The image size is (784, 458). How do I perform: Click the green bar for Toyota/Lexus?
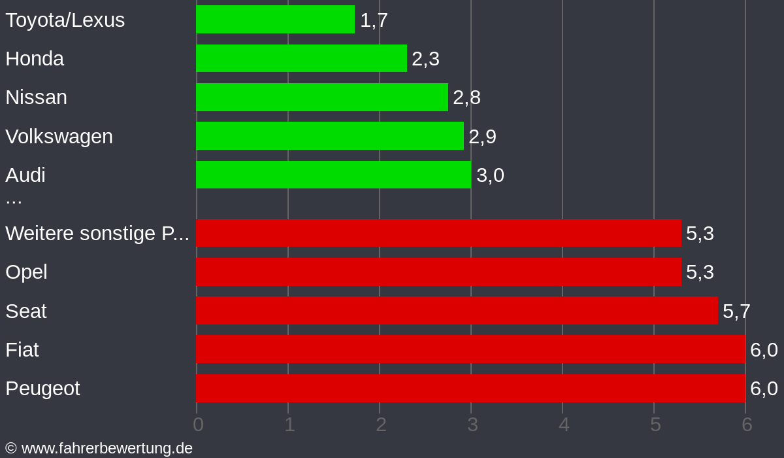tap(275, 20)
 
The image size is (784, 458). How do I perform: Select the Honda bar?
tap(301, 58)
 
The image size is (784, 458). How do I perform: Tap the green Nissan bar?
tap(322, 97)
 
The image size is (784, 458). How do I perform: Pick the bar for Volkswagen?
tap(330, 136)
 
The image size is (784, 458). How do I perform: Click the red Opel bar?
tap(438, 272)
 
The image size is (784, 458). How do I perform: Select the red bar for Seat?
tap(457, 311)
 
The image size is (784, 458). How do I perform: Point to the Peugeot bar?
tap(470, 388)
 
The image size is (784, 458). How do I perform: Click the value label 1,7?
tap(374, 20)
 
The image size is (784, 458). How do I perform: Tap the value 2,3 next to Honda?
tap(425, 59)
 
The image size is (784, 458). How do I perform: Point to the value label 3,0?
tap(490, 175)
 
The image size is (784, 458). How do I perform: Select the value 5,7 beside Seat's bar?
tap(736, 311)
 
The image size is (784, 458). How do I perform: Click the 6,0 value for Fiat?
tap(764, 350)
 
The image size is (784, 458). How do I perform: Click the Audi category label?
tap(25, 175)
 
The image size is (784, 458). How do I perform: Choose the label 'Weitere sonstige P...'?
tap(97, 234)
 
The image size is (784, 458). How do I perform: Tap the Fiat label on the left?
tap(22, 350)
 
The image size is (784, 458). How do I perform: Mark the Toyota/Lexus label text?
tap(65, 20)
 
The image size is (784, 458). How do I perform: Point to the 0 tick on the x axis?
tap(198, 425)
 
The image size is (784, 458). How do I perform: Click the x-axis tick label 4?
tap(564, 425)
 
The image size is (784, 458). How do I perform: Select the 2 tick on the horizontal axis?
tap(381, 425)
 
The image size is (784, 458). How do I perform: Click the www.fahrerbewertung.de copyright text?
tap(99, 448)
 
